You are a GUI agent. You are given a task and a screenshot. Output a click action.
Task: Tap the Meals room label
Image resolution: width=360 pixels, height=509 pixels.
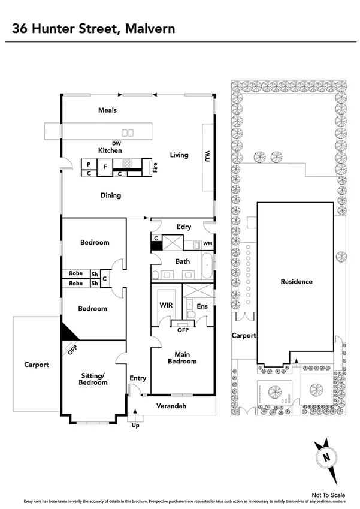[x=108, y=110]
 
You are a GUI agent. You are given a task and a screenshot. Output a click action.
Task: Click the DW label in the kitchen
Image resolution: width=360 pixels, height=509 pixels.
[x=116, y=143]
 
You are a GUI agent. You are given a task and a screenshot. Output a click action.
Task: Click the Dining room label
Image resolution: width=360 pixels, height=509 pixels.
[x=111, y=195]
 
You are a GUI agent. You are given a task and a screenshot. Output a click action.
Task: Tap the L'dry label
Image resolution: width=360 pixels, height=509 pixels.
[x=183, y=227]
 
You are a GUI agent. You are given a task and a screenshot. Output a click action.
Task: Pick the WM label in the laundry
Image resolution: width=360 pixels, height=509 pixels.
[x=207, y=244]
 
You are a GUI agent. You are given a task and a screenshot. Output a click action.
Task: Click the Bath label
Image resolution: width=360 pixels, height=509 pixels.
[x=183, y=261]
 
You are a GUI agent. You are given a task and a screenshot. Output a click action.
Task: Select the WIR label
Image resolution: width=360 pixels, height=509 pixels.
[x=166, y=305]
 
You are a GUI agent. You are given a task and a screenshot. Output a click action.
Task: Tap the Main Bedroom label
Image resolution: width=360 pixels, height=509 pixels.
[x=182, y=357]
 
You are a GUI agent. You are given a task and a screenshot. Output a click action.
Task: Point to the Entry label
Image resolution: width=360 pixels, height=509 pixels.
[x=138, y=378]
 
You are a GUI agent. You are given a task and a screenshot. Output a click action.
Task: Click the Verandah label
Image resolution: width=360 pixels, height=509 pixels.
[x=172, y=406]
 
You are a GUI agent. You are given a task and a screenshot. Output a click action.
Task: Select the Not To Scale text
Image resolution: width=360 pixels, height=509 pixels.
[x=329, y=495]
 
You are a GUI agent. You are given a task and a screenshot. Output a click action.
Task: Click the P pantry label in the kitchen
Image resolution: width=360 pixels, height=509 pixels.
[x=88, y=164]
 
